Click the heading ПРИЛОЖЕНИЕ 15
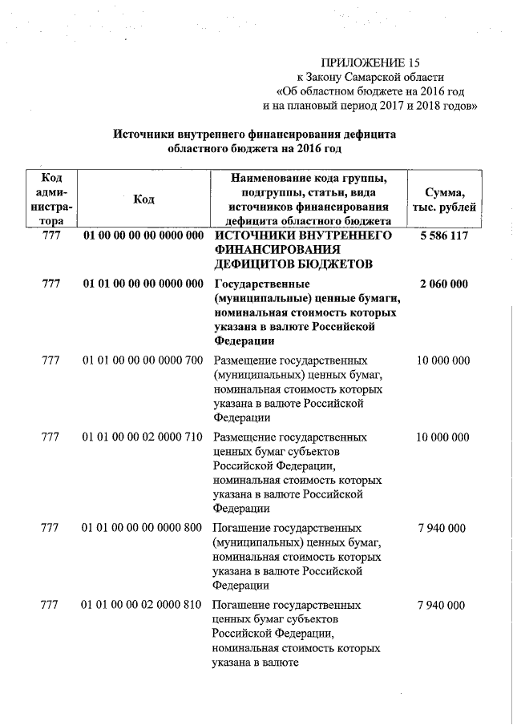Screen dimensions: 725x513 pyautogui.click(x=370, y=62)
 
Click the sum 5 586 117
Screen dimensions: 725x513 pyautogui.click(x=443, y=236)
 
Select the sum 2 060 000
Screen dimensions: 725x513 pyautogui.click(x=443, y=284)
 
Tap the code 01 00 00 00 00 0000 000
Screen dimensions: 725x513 pyautogui.click(x=143, y=236)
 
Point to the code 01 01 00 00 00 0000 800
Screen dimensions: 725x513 pyautogui.click(x=142, y=529)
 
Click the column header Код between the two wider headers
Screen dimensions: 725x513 pyautogui.click(x=144, y=199)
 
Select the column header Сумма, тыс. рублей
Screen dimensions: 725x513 pyautogui.click(x=444, y=199)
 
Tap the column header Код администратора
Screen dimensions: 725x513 pyautogui.click(x=52, y=199)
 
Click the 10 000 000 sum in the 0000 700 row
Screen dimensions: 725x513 pyautogui.click(x=443, y=360)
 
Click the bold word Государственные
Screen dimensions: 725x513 pyautogui.click(x=262, y=284)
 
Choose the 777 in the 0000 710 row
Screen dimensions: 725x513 pyautogui.click(x=50, y=437)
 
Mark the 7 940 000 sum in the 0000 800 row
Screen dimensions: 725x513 pyautogui.click(x=442, y=529)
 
